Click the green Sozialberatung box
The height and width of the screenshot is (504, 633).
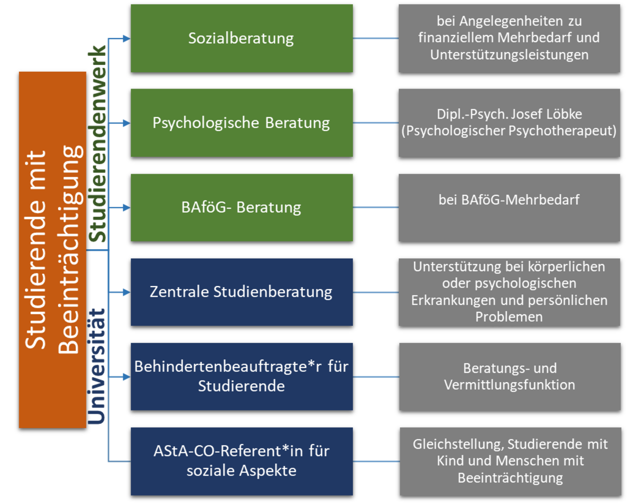click(x=241, y=38)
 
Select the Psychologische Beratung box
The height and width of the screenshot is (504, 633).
click(x=241, y=122)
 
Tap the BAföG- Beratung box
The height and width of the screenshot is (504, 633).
click(x=241, y=207)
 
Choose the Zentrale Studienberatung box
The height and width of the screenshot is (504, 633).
click(x=241, y=292)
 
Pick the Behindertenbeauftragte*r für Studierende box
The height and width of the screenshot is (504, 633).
click(x=241, y=376)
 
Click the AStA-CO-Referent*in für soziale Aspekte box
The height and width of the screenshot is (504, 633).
click(x=241, y=461)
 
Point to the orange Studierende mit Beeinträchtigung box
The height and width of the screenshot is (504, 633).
click(x=52, y=249)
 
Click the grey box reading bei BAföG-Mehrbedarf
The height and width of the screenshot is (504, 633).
click(x=509, y=207)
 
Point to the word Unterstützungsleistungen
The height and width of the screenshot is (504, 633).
click(x=509, y=55)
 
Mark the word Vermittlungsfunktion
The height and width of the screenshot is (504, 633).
click(x=509, y=385)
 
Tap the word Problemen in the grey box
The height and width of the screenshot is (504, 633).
click(x=509, y=317)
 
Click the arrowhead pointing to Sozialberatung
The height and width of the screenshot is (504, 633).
click(x=126, y=39)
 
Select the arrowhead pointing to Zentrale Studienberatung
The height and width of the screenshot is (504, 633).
click(x=126, y=292)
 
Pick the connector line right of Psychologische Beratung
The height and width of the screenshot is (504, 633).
click(x=376, y=123)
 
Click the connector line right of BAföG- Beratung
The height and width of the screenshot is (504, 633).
click(x=376, y=207)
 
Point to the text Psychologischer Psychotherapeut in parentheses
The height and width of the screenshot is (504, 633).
click(x=509, y=131)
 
